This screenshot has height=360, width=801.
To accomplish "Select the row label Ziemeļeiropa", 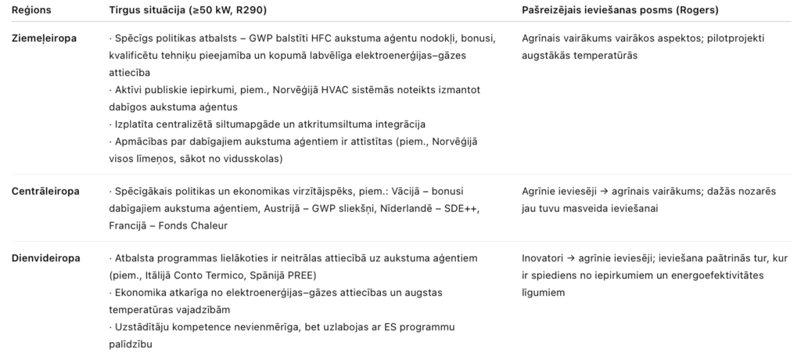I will click(44, 38).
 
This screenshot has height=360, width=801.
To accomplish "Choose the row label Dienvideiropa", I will click(45, 258).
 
